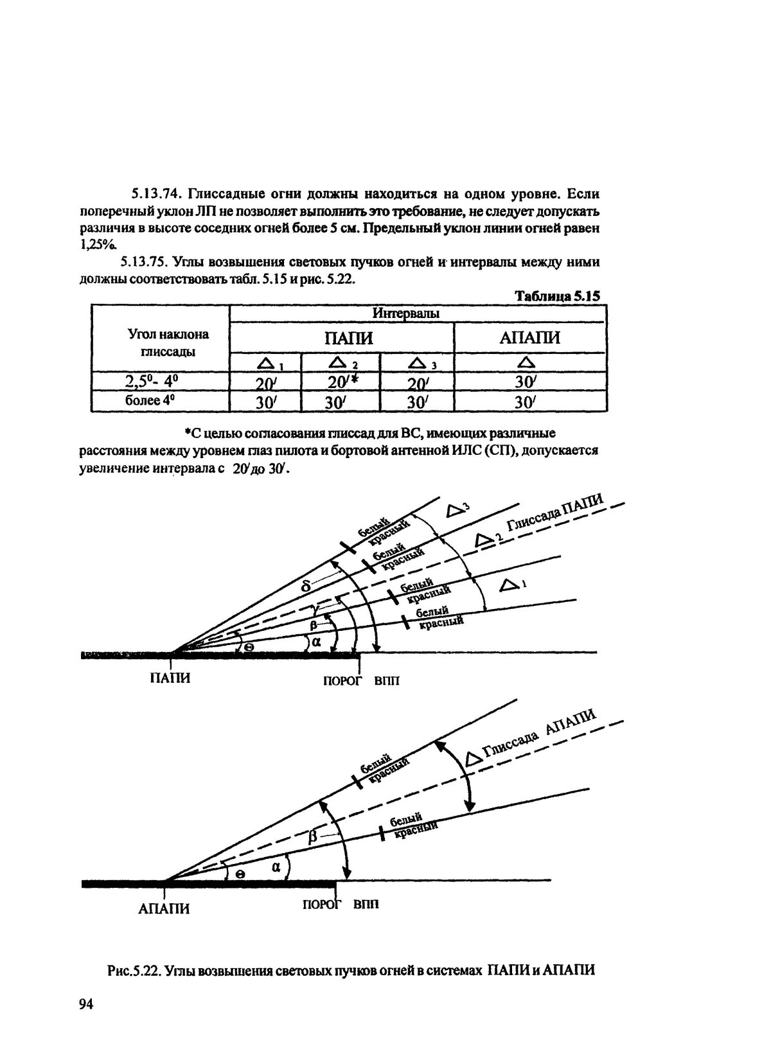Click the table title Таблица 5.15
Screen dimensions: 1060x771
pos(556,296)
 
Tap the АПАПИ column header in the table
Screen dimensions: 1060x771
pos(530,338)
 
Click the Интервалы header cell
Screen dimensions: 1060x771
pos(406,314)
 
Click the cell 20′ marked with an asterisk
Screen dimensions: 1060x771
pos(342,382)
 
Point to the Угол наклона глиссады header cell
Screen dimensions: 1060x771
pos(168,343)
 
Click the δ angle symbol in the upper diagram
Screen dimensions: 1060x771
pos(306,585)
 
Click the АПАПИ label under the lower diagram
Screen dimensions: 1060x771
pos(164,908)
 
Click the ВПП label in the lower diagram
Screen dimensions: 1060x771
pos(366,904)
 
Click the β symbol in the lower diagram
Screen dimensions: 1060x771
pos(313,836)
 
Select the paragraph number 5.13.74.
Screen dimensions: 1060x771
pos(153,193)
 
